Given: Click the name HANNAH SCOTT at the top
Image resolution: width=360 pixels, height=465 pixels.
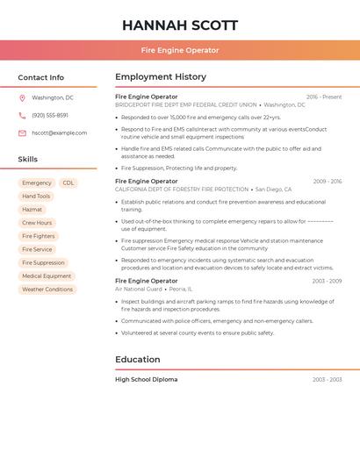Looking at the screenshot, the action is [180, 25].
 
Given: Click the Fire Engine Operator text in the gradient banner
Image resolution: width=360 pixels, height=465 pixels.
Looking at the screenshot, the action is [180, 50].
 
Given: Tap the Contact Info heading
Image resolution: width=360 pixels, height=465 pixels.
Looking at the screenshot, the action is [41, 77].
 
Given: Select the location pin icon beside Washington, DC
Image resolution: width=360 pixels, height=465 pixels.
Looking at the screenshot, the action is [22, 98].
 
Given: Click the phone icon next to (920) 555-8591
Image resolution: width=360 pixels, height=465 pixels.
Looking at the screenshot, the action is [22, 116].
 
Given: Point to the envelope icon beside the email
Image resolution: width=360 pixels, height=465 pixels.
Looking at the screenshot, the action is [22, 133].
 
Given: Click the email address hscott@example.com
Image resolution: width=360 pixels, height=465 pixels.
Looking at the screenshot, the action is [60, 133].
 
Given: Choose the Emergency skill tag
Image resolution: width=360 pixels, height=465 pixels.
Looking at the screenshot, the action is [37, 183].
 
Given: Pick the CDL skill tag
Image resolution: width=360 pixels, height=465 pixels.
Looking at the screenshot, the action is [68, 183].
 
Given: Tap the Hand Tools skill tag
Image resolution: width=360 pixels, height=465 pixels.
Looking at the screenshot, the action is [36, 197].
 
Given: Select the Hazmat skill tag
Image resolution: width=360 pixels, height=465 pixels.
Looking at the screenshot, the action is [32, 210].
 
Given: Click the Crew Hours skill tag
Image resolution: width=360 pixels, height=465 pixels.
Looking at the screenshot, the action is [37, 223].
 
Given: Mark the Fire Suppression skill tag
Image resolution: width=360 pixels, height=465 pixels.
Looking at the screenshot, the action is [43, 262].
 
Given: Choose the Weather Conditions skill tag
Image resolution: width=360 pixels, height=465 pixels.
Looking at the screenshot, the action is [47, 290].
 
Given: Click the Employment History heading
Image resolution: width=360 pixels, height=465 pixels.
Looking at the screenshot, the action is [161, 77].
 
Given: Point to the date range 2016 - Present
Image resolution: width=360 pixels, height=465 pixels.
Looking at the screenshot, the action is [324, 97].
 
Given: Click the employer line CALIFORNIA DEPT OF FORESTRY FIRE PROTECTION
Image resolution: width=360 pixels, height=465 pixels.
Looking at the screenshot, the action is [182, 190].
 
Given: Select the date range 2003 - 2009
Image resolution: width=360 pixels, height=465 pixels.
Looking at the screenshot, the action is [327, 281].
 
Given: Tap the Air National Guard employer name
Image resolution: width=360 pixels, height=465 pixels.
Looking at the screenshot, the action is [139, 289].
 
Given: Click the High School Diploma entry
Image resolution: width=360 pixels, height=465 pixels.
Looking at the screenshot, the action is [146, 380].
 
